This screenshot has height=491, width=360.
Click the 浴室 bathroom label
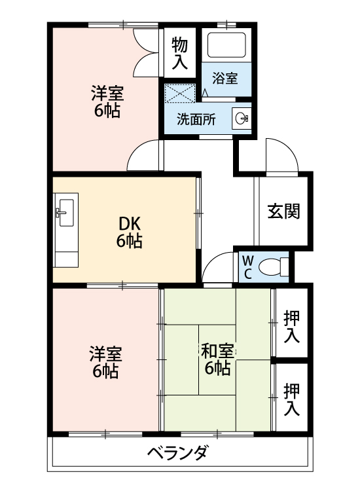point(225,78)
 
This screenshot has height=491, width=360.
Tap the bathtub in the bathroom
point(226,45)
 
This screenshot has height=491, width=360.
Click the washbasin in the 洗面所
point(242,118)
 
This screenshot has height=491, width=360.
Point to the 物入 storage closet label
point(181,53)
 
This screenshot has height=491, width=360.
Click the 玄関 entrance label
point(283,211)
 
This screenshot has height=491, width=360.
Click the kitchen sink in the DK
point(65,211)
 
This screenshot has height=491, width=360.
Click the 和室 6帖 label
point(217,359)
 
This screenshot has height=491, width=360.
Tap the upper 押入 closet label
point(292,326)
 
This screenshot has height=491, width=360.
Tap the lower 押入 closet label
point(292,399)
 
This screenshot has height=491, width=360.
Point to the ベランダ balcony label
point(177,454)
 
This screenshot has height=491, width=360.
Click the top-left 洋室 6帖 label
point(106,101)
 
